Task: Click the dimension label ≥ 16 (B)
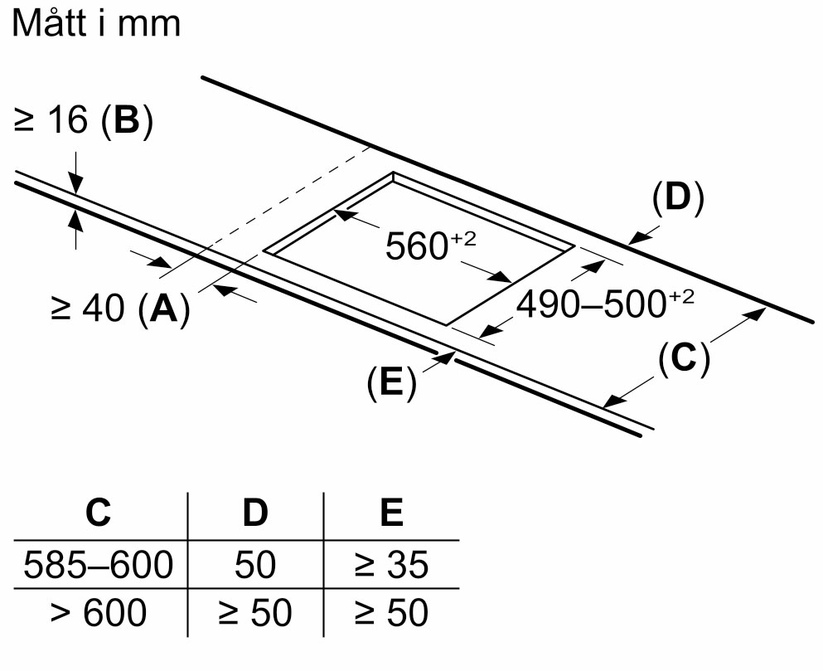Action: (x=83, y=122)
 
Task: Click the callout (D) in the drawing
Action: (x=677, y=199)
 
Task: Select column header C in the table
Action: (x=98, y=514)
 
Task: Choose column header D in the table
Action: (x=255, y=514)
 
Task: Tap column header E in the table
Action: (x=390, y=514)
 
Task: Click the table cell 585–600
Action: (x=98, y=566)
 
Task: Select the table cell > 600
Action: (x=98, y=614)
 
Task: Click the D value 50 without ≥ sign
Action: (x=255, y=566)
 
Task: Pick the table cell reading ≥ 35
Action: (x=390, y=566)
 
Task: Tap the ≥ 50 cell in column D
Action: (x=255, y=614)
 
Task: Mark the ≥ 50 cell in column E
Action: (x=390, y=614)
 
